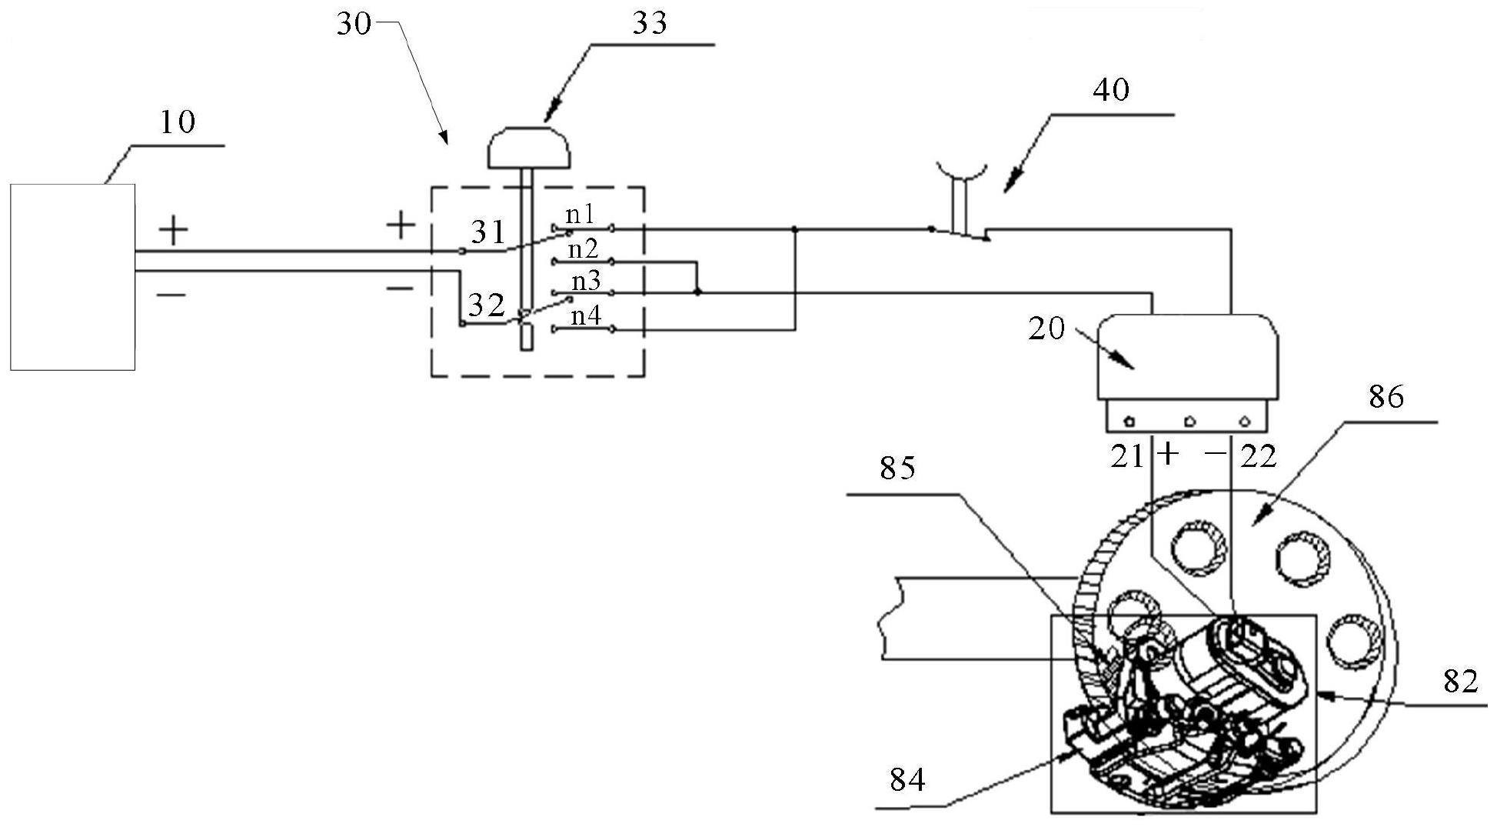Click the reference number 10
click(x=178, y=122)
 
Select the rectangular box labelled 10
click(x=73, y=277)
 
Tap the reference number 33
click(x=650, y=24)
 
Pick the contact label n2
click(x=583, y=249)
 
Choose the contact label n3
click(x=585, y=282)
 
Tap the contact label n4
click(x=586, y=315)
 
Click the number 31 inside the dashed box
click(x=487, y=232)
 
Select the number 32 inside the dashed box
click(x=487, y=305)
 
